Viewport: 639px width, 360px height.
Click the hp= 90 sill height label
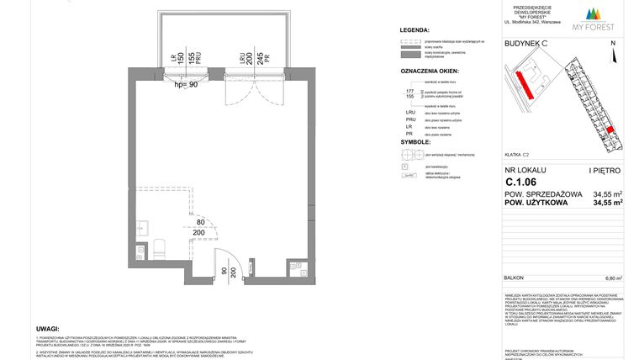[x=185, y=84]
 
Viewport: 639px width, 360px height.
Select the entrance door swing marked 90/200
[x=225, y=264]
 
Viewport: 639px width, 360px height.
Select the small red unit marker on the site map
[x=611, y=130]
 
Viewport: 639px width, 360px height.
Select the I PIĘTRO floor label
[x=605, y=171]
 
